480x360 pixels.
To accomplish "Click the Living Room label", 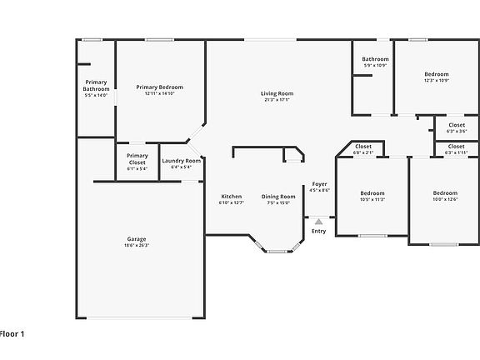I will coord(277,93).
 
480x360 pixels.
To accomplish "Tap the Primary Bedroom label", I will coord(159,87).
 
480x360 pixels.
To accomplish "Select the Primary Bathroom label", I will coord(97,85).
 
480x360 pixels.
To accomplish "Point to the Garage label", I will coord(137,239).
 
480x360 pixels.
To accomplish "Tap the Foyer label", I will coord(319,183).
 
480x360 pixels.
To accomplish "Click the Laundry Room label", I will coord(181,161).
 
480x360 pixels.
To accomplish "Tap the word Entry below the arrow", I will coord(318,231).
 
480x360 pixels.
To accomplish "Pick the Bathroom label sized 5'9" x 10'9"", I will coord(375,59).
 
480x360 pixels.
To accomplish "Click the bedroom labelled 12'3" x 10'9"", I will coord(436,74).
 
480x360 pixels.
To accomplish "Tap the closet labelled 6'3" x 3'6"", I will coord(457,125).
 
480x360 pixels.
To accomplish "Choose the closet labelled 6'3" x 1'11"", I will coord(457,146).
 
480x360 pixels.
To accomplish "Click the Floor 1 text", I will coord(12,333).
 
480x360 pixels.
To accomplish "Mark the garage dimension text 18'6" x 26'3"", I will coord(137,245).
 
